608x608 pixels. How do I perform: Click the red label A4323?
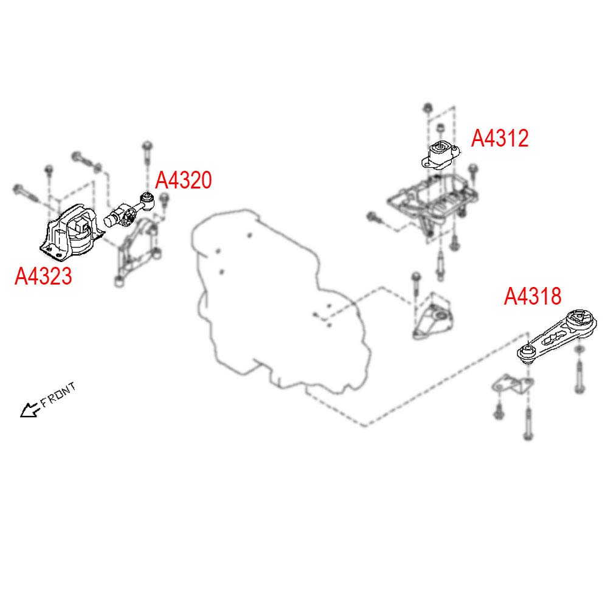point(43,277)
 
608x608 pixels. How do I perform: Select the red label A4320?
point(184,180)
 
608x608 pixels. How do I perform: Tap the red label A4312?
point(500,139)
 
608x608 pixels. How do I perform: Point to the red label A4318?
point(533,297)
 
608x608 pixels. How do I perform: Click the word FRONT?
point(58,395)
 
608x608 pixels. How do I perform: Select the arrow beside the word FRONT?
point(29,410)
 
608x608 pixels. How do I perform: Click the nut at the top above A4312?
point(427,109)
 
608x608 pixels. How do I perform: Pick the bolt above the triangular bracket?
point(415,286)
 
